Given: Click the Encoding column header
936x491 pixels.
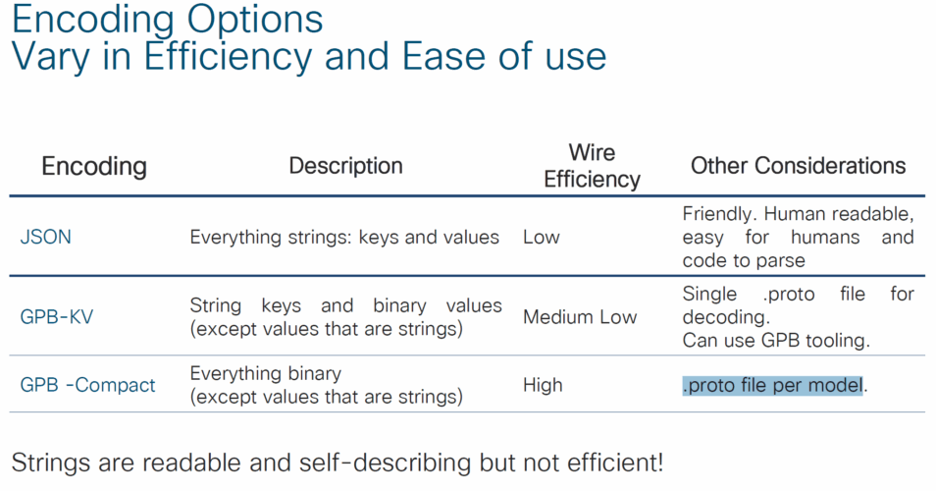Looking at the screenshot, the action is pyautogui.click(x=94, y=166).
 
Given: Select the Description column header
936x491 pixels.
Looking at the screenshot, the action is pyautogui.click(x=345, y=166).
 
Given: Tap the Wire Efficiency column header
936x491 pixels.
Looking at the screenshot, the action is pyautogui.click(x=592, y=166).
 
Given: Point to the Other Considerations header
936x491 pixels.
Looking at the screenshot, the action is pyautogui.click(x=798, y=166).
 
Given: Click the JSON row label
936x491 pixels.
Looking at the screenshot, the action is pyautogui.click(x=45, y=237).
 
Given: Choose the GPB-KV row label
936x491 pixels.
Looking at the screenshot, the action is pyautogui.click(x=57, y=316).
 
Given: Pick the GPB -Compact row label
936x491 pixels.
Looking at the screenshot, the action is pyautogui.click(x=87, y=385).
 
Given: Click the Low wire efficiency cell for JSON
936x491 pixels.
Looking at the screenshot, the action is pyautogui.click(x=542, y=237).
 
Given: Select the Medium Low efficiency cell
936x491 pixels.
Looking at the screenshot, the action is pyautogui.click(x=580, y=316).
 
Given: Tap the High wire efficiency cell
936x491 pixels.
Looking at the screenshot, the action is pyautogui.click(x=543, y=385).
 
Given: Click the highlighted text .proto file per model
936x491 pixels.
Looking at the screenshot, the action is pyautogui.click(x=773, y=385).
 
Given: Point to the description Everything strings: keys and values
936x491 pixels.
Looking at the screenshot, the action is pyautogui.click(x=344, y=237).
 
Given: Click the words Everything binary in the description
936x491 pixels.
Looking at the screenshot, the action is pyautogui.click(x=266, y=374).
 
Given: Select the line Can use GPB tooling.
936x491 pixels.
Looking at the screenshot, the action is pyautogui.click(x=776, y=341).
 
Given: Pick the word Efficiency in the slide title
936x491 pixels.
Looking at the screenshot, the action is pyautogui.click(x=228, y=57).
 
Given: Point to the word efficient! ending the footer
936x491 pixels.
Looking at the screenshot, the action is pyautogui.click(x=615, y=463).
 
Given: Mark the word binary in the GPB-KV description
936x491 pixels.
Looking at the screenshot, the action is pyautogui.click(x=399, y=305).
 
